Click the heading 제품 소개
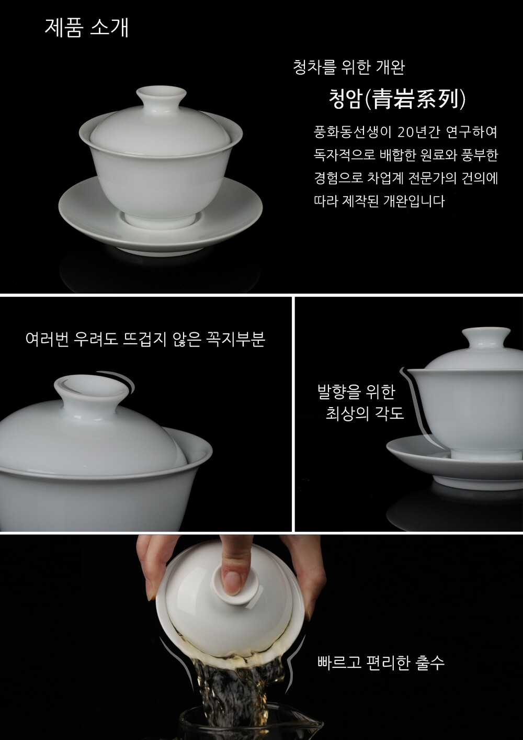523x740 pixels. click(86, 28)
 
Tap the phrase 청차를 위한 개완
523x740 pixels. click(349, 68)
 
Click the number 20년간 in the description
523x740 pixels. click(418, 132)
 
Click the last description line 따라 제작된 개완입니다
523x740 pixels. click(379, 201)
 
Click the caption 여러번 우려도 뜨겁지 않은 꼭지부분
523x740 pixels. click(145, 339)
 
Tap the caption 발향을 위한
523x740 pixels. click(356, 391)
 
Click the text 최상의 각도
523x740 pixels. click(365, 413)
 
